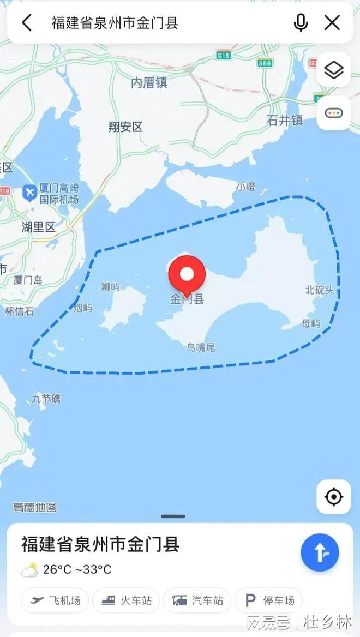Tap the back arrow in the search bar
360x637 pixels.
(x=27, y=23)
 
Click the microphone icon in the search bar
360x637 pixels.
(x=301, y=23)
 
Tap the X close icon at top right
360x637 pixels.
(x=332, y=23)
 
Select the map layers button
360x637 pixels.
(x=333, y=70)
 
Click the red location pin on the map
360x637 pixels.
(x=187, y=275)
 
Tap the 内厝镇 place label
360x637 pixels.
(x=149, y=83)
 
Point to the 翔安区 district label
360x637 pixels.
(x=125, y=127)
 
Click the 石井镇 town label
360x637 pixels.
(x=285, y=120)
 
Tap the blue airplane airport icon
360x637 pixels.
(x=29, y=193)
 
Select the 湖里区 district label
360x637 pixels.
(x=38, y=227)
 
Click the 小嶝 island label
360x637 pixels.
(x=245, y=187)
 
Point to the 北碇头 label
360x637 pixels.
(x=319, y=290)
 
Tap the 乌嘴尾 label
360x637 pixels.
(x=201, y=347)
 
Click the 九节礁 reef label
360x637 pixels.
(x=46, y=399)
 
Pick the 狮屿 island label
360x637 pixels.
(x=110, y=287)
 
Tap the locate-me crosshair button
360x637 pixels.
(x=333, y=497)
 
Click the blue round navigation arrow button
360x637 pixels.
(x=320, y=552)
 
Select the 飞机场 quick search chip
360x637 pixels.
(x=56, y=600)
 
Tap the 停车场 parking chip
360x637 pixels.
(x=269, y=600)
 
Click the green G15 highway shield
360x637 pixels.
(x=223, y=56)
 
